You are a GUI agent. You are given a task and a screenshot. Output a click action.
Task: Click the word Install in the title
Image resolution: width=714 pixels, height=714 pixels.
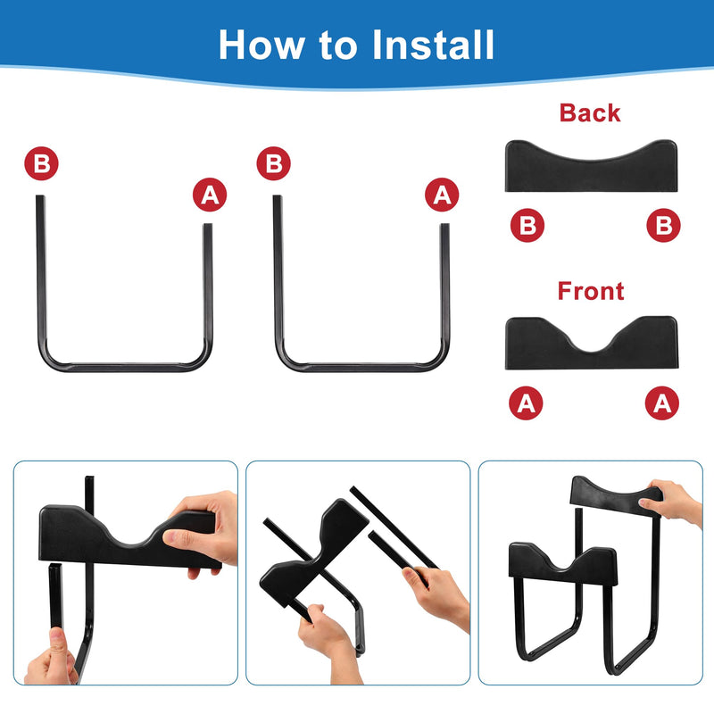tap(433, 45)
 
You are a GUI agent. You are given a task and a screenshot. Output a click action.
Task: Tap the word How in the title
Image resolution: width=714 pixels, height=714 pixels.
tap(262, 45)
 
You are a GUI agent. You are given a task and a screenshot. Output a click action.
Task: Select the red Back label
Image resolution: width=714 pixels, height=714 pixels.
tap(590, 113)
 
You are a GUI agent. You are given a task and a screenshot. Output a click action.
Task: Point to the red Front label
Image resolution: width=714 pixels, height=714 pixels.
tap(591, 291)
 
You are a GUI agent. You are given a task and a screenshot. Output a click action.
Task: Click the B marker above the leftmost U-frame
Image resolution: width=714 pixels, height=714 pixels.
tap(41, 163)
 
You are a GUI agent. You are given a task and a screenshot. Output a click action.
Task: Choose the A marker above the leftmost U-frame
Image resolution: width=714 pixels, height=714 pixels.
tap(210, 195)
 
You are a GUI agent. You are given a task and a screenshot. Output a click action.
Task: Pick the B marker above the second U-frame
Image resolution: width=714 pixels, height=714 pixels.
tap(273, 163)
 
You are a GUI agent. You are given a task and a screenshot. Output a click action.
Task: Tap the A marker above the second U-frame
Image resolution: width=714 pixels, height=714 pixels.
tap(442, 195)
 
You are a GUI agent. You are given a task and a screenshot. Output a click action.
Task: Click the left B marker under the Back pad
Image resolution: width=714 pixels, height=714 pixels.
tap(527, 225)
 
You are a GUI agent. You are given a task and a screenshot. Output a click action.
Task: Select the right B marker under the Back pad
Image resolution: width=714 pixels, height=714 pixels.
tap(663, 225)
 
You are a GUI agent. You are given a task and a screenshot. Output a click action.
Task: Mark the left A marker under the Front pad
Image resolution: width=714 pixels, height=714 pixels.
tap(526, 403)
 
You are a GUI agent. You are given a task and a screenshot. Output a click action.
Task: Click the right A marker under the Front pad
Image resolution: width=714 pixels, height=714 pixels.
tap(662, 403)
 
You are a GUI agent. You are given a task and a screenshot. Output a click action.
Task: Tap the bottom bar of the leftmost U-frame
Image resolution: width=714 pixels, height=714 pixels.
tap(124, 367)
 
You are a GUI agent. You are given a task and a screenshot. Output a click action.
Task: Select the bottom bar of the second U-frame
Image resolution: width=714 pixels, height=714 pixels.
tap(362, 367)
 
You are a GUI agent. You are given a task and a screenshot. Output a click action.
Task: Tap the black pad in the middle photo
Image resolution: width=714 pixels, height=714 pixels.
tap(314, 553)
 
